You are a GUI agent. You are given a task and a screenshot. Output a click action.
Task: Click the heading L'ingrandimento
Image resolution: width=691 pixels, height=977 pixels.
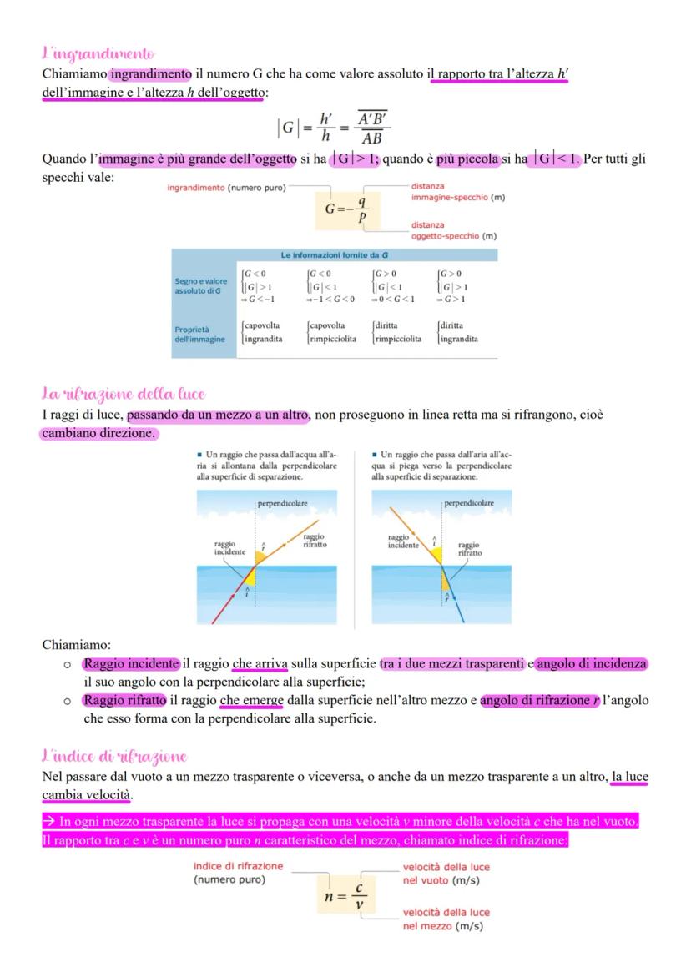tap(98, 54)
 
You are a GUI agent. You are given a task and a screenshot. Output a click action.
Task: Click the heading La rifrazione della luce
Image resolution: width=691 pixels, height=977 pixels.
tap(123, 394)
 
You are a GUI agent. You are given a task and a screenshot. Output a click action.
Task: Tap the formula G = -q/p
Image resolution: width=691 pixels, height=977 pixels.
tap(346, 209)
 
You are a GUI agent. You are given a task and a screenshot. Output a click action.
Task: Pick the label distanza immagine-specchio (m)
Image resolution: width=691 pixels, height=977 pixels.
tap(457, 192)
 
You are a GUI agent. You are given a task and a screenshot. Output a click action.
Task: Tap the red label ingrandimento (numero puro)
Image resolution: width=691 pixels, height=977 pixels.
tap(225, 189)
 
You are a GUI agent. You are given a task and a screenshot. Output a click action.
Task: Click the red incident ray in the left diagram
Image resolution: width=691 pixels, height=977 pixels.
tap(225, 605)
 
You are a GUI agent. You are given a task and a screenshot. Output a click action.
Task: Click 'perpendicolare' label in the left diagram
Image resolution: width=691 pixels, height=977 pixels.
tap(283, 503)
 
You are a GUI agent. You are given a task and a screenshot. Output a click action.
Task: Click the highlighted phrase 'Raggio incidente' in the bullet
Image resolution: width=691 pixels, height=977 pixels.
tap(131, 664)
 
